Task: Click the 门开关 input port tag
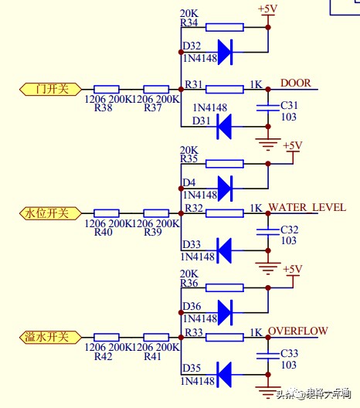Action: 50,90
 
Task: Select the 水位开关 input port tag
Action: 50,213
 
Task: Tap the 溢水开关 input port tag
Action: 50,337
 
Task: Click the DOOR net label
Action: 296,83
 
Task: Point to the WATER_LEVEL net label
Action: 307,207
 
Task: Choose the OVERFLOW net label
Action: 298,331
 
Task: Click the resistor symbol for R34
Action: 225,27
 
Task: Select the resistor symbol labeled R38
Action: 107,90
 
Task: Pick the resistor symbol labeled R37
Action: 156,90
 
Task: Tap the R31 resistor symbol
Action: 225,90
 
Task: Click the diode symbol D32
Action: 226,52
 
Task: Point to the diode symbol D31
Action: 224,127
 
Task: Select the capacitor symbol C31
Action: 268,108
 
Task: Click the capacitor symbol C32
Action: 268,232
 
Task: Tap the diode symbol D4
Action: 226,189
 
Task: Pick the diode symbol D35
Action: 224,375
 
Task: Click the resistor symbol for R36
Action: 225,287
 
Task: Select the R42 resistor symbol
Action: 107,337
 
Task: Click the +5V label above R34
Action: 267,8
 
